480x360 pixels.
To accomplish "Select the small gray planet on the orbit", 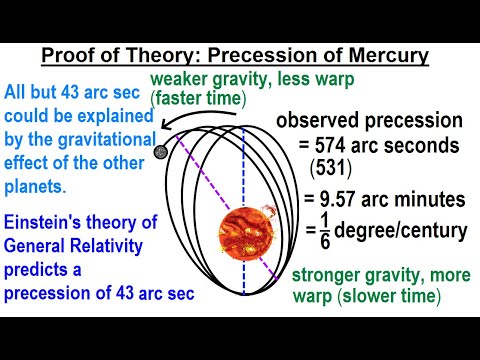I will [161, 152].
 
